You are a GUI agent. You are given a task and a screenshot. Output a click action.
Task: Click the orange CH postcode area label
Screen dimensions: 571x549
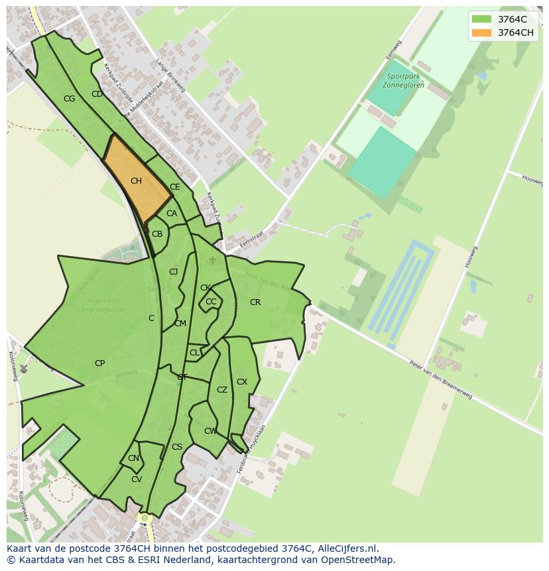pyautogui.click(x=136, y=181)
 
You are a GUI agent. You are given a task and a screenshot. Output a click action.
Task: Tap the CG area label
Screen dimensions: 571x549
pyautogui.click(x=69, y=99)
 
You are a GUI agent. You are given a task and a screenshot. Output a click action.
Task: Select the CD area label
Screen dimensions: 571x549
pyautogui.click(x=97, y=94)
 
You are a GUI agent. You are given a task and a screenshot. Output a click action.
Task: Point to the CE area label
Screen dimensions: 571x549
pyautogui.click(x=175, y=187)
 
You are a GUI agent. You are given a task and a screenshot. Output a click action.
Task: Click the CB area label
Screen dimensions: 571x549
pyautogui.click(x=157, y=234)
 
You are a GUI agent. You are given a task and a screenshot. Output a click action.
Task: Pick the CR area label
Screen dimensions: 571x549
pyautogui.click(x=255, y=302)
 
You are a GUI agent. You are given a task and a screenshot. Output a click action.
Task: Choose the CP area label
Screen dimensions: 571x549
pyautogui.click(x=99, y=363)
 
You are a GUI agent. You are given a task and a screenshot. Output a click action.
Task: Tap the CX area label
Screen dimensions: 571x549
pyautogui.click(x=242, y=382)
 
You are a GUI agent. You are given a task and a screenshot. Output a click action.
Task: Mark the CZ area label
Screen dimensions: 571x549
pyautogui.click(x=222, y=390)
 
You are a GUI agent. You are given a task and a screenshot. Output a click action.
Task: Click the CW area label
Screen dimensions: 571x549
pyautogui.click(x=210, y=431)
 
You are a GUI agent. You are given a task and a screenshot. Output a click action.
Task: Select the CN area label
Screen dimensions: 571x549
pyautogui.click(x=133, y=458)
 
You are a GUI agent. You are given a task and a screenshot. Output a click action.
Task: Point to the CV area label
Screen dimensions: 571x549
pyautogui.click(x=136, y=479)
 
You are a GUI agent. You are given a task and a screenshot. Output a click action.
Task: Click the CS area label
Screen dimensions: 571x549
pyautogui.click(x=177, y=447)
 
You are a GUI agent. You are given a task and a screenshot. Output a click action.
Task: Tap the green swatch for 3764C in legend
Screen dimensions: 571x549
pyautogui.click(x=481, y=19)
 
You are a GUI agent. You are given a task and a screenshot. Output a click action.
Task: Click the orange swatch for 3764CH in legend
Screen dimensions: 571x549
pyautogui.click(x=481, y=32)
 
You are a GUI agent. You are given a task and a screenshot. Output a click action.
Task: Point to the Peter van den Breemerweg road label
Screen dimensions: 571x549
pyautogui.click(x=441, y=379)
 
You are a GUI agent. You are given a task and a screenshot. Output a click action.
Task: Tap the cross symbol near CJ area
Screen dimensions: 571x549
pyautogui.click(x=212, y=261)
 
